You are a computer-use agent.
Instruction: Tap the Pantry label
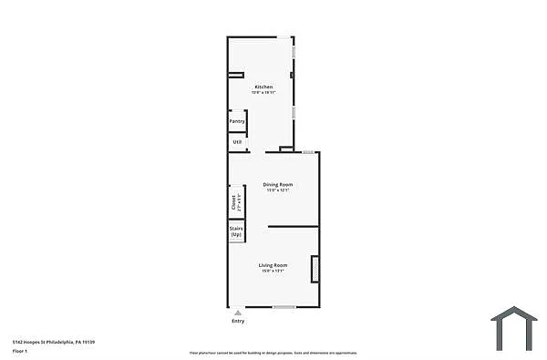(237, 121)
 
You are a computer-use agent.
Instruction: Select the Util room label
(237, 142)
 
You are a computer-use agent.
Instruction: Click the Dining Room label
(278, 184)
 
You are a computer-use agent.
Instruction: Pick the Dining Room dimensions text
(278, 190)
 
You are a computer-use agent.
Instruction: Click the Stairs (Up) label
(236, 231)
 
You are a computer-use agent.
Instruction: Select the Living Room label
(273, 265)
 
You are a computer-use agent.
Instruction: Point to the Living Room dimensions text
(273, 271)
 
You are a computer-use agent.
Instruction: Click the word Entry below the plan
(238, 321)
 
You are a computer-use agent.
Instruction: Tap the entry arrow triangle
(238, 312)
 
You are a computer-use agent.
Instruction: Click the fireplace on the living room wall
(315, 269)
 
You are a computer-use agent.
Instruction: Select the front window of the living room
(284, 307)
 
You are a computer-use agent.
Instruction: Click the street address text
(55, 341)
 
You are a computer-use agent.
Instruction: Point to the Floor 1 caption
(21, 349)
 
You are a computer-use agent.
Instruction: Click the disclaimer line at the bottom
(273, 353)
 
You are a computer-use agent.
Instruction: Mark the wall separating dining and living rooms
(293, 226)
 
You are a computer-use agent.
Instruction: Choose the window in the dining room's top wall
(308, 152)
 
